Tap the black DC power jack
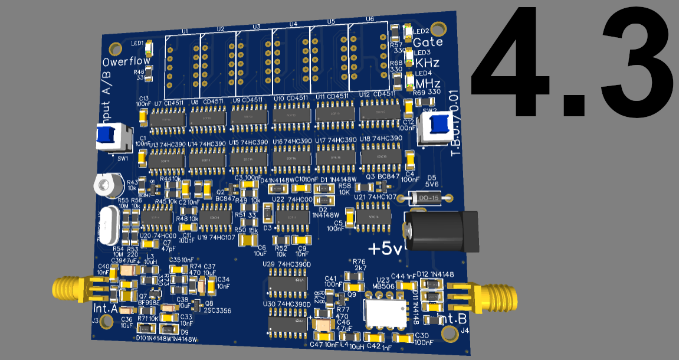[442, 231]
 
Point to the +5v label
[386, 248]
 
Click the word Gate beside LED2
[428, 42]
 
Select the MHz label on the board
[428, 83]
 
